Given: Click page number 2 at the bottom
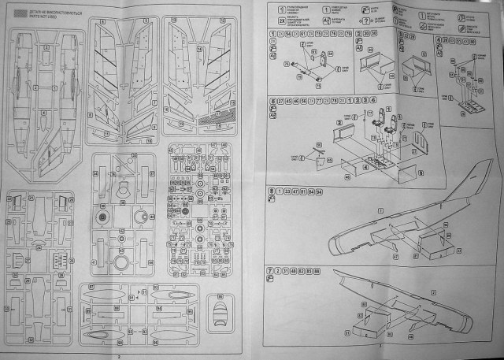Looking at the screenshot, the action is point(117,355).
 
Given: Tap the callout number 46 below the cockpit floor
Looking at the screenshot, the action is point(324,177).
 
